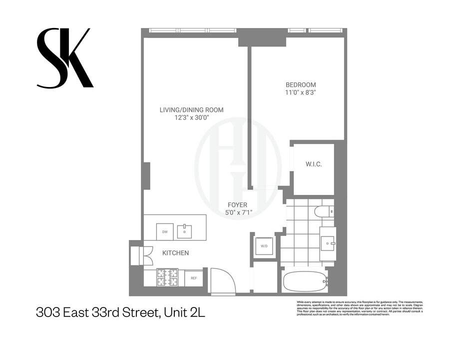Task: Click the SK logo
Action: pos(64,58)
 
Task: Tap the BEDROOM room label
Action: pos(300,84)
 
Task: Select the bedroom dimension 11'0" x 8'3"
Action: pos(300,92)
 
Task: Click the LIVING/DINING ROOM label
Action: pos(191,110)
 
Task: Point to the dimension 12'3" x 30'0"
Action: pos(191,118)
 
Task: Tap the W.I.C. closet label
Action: pos(313,164)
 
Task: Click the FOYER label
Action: pos(238,205)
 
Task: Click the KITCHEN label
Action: pos(175,253)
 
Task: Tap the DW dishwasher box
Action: pos(165,231)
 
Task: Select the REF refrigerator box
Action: pos(194,278)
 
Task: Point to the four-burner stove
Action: pos(167,277)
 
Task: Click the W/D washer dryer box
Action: pos(263,246)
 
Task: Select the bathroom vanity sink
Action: pos(328,243)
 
